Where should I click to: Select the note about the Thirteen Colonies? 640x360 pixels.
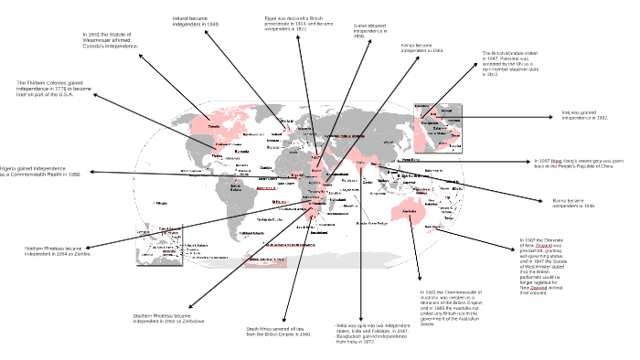[54, 88]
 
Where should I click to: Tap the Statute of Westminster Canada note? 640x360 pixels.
[110, 39]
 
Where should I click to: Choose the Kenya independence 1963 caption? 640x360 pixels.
[422, 48]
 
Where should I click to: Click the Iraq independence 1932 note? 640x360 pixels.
[584, 116]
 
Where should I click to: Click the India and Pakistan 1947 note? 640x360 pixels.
[373, 333]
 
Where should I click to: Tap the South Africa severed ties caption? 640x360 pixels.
[279, 332]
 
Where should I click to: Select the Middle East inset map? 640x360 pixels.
[439, 127]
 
